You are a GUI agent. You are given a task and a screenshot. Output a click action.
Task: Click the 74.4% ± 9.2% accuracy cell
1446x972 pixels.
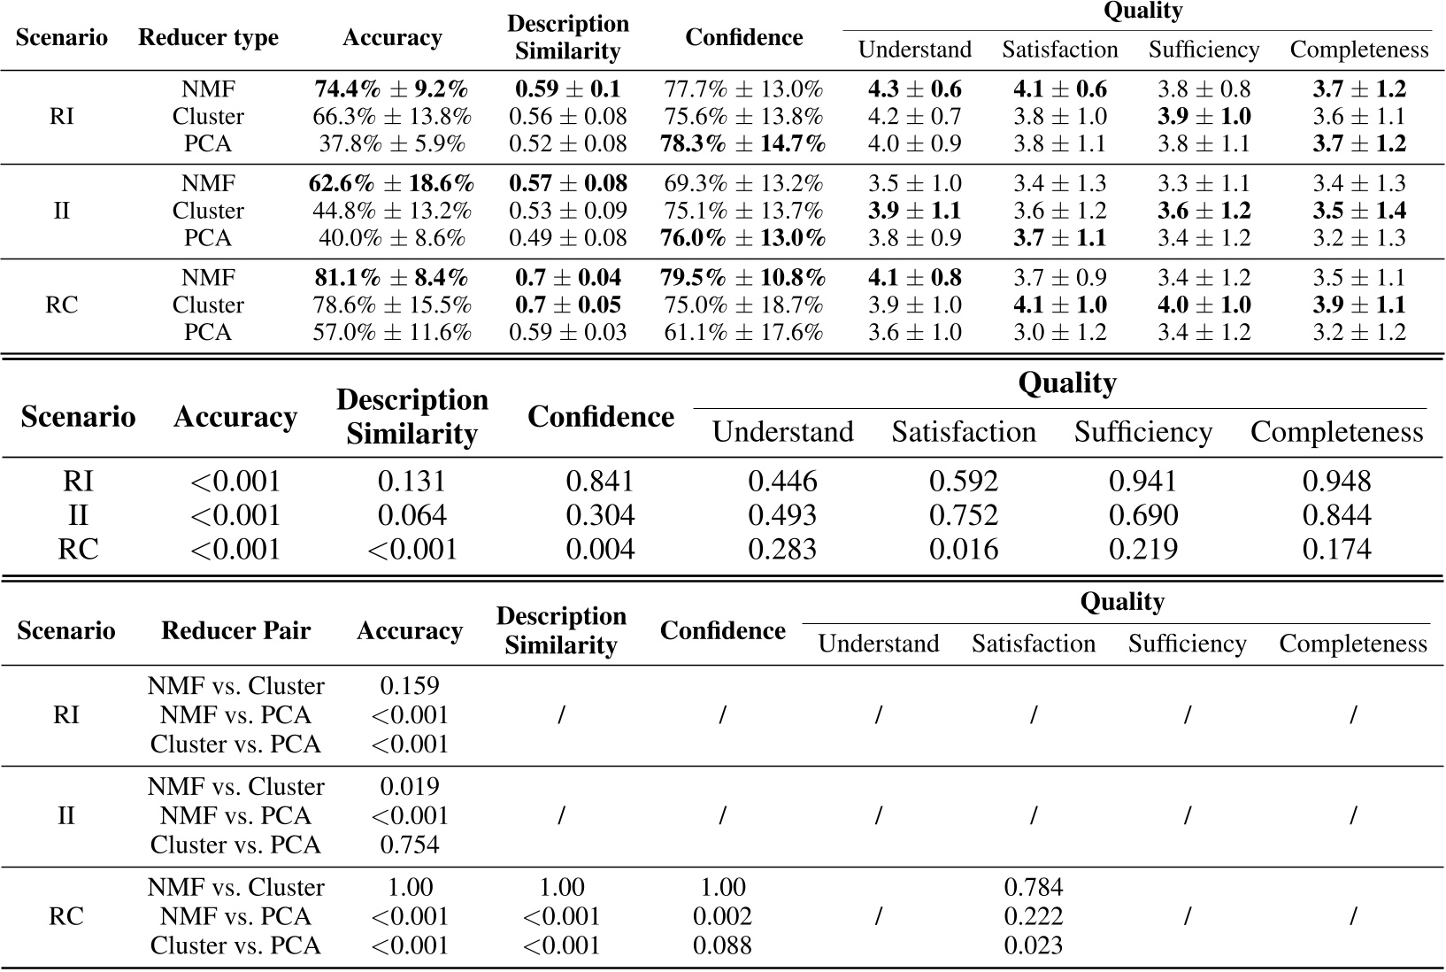click(391, 89)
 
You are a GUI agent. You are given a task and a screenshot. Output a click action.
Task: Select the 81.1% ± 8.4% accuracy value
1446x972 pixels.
click(391, 278)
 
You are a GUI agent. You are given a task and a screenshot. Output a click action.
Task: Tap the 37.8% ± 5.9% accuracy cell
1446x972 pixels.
click(391, 143)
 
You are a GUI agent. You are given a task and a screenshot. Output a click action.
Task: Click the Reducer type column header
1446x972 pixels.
click(208, 38)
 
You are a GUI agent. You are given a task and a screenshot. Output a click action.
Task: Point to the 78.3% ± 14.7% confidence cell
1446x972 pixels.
click(743, 143)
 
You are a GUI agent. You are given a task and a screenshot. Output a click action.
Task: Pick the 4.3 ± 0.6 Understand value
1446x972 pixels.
click(914, 89)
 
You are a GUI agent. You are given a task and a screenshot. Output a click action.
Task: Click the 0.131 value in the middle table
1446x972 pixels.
click(411, 482)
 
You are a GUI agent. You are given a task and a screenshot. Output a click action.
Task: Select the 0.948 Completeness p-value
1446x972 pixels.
click(1336, 482)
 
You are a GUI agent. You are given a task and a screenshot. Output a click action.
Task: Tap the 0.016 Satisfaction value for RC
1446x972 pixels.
click(963, 550)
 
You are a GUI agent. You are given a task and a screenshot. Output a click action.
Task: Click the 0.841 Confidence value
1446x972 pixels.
click(600, 482)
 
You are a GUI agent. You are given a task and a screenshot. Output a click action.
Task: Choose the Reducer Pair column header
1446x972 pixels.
click(235, 631)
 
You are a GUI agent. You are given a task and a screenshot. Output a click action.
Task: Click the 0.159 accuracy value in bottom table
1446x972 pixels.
click(409, 686)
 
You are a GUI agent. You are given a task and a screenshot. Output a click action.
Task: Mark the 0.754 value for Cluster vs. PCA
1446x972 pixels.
click(409, 845)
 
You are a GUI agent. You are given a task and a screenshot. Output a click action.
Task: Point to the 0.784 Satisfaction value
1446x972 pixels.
click(1033, 887)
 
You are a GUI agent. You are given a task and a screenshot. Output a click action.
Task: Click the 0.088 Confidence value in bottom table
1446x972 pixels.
click(722, 945)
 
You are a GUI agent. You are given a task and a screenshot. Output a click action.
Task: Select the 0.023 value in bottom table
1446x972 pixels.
click(1033, 945)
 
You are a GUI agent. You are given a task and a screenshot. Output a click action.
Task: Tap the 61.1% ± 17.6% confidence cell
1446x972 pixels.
click(743, 333)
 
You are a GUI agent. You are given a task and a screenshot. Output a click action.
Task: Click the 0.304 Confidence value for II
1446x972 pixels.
click(600, 515)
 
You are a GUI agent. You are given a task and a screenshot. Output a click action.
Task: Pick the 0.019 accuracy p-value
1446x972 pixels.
click(409, 787)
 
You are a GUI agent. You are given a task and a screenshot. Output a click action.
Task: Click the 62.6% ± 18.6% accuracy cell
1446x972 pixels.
click(391, 184)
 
